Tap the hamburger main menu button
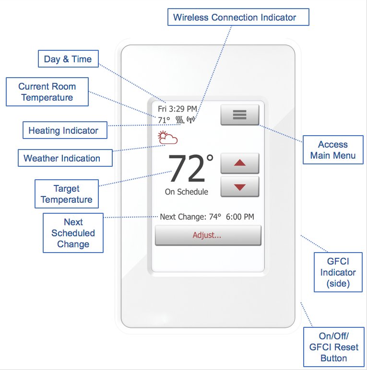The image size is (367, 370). [x=239, y=115]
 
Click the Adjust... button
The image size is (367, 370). [x=208, y=235]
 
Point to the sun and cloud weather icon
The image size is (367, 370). [x=168, y=139]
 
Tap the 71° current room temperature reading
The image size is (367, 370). [x=164, y=120]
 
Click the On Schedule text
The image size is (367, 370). [x=190, y=192]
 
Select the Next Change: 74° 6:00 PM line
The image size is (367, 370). [x=207, y=217]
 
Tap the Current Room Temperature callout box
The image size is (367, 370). [x=47, y=92]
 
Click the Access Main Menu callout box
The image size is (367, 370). [x=333, y=150]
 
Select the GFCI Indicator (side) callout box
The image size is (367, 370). [x=338, y=272]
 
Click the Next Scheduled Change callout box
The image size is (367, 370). [x=73, y=233]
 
